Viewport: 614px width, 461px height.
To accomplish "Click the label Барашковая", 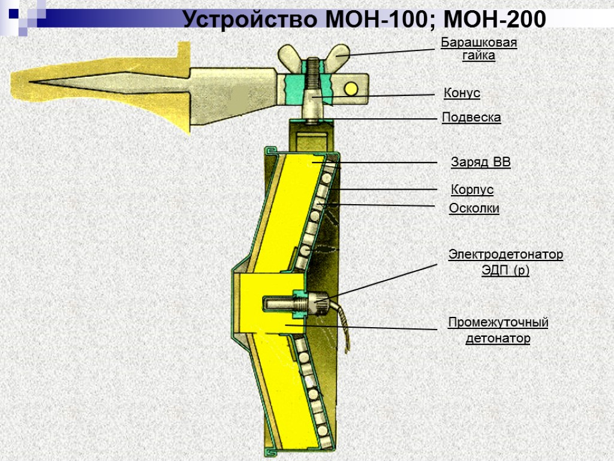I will [x=478, y=43].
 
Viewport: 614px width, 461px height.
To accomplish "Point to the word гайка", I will [x=478, y=56].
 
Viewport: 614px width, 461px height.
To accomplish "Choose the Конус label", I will [x=462, y=93].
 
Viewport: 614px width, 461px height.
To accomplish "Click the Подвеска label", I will [x=471, y=118].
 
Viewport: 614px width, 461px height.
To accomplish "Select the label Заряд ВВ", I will [x=480, y=162].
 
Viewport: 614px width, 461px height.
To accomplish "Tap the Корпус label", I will [x=472, y=190].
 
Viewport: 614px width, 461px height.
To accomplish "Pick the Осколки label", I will [x=474, y=208].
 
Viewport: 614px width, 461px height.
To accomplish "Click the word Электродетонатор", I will [x=505, y=255].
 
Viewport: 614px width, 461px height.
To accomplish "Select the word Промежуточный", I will [x=498, y=323].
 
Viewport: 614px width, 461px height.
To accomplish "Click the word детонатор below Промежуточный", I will [x=498, y=339].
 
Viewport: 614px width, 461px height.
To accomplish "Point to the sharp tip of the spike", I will [x=27, y=82].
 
